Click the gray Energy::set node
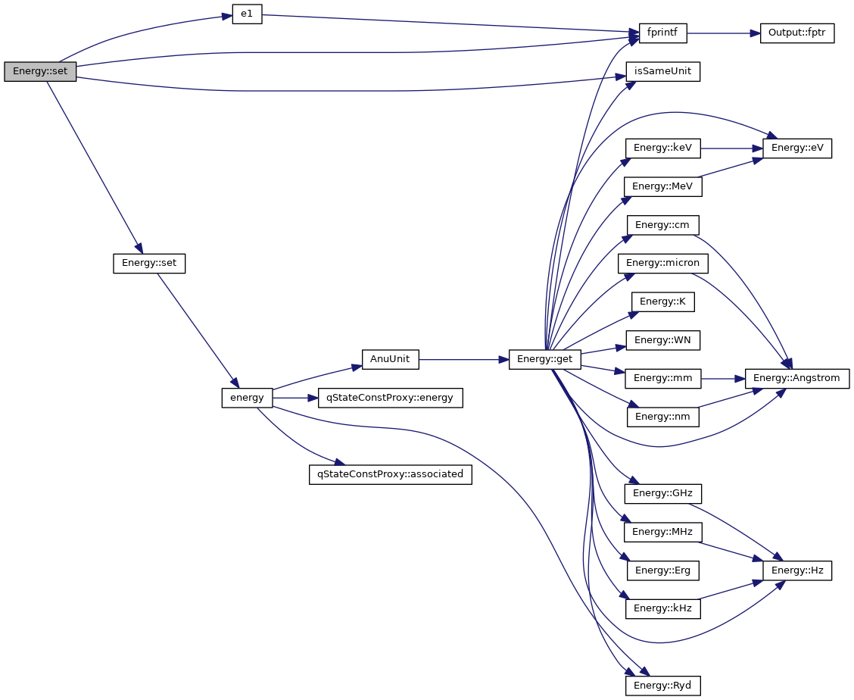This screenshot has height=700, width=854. point(40,72)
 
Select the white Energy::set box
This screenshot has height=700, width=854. point(149,264)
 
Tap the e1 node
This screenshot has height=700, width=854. point(247,16)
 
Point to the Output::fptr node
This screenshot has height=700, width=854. point(796,33)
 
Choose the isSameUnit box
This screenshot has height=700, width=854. point(663,72)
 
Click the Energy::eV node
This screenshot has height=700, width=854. point(797,148)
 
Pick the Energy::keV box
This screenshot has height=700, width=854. point(663,148)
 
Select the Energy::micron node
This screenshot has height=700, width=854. point(663,264)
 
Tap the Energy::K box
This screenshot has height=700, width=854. point(663,302)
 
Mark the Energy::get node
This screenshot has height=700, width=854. point(545,359)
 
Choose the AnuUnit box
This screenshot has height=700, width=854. point(391,359)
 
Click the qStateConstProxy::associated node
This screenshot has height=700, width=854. point(391,475)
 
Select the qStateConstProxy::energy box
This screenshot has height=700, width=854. point(391,398)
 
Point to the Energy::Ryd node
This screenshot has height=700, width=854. point(663,686)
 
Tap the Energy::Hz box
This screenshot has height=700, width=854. point(797,570)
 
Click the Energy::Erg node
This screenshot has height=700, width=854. point(663,570)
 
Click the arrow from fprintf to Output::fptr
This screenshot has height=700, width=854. point(723,33)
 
